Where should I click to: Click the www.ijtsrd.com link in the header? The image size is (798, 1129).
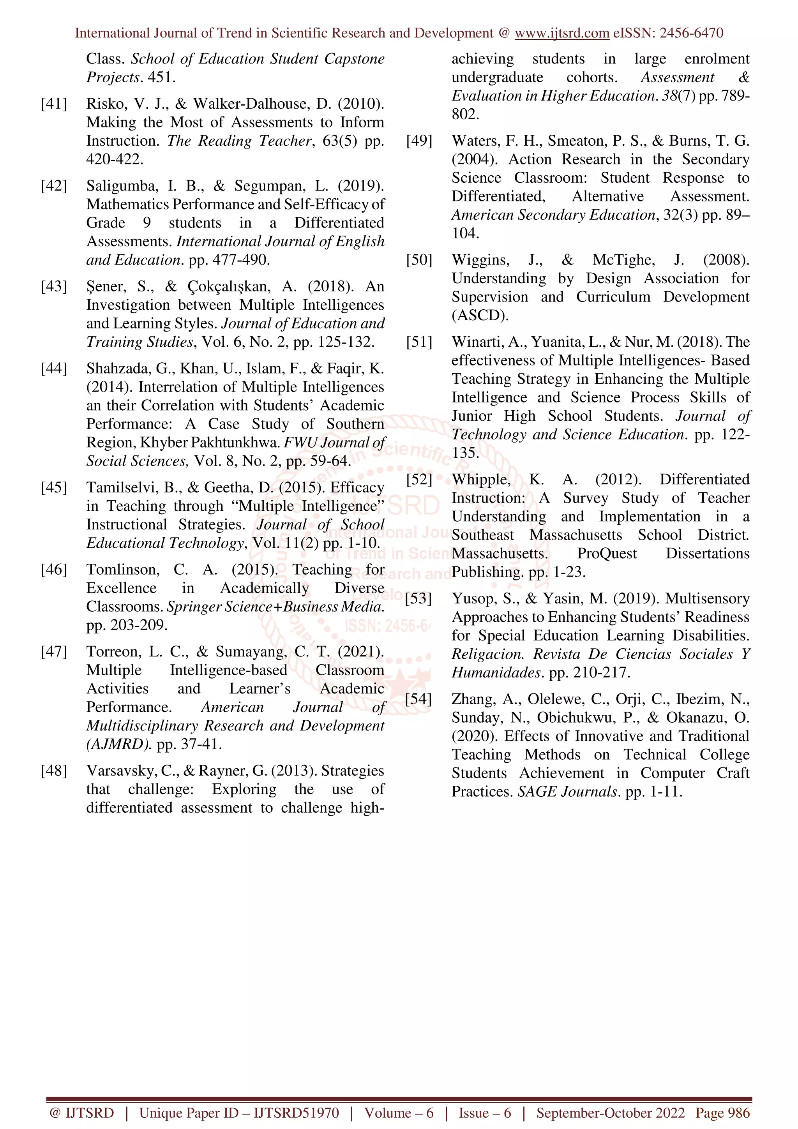[x=561, y=33]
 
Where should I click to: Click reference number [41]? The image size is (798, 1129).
[x=54, y=104]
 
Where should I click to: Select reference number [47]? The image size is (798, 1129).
[x=54, y=651]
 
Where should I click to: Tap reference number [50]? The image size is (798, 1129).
[x=419, y=259]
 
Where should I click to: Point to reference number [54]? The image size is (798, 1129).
[x=419, y=699]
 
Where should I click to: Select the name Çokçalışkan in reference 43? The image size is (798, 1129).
[x=229, y=287]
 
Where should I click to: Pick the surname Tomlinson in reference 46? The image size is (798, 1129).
[x=123, y=570]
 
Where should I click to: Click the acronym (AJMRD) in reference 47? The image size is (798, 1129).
[x=118, y=744]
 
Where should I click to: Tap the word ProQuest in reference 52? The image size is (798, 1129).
[x=606, y=554]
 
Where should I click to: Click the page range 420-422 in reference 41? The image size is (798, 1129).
[x=115, y=159]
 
